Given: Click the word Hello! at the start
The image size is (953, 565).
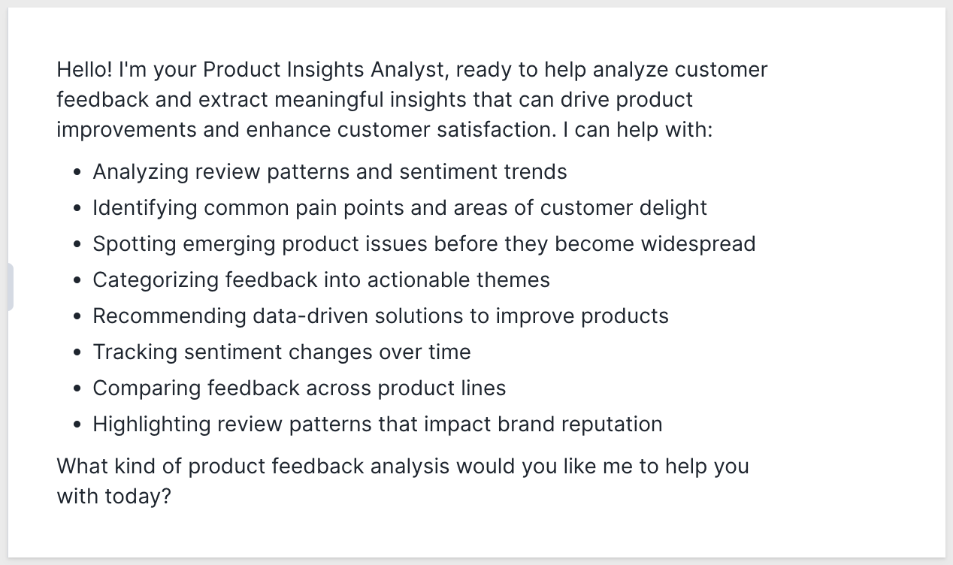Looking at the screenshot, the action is click(x=85, y=69).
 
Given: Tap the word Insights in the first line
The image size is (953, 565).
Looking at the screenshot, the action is click(x=325, y=70).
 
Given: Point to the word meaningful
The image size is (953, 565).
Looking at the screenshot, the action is click(x=329, y=101).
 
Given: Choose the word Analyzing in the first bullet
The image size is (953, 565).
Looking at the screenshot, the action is click(x=141, y=172).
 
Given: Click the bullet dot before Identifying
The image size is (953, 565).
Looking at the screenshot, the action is click(x=77, y=208).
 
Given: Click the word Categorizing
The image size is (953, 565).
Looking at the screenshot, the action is click(x=156, y=281).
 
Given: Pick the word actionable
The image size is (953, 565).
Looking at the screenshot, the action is click(x=418, y=280).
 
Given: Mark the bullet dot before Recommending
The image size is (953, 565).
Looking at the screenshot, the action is click(x=77, y=316).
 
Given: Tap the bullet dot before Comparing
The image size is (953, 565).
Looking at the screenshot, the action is click(x=77, y=388).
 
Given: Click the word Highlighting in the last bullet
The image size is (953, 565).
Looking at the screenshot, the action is click(x=152, y=425).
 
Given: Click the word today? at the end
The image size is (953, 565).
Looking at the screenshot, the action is click(x=138, y=497).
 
